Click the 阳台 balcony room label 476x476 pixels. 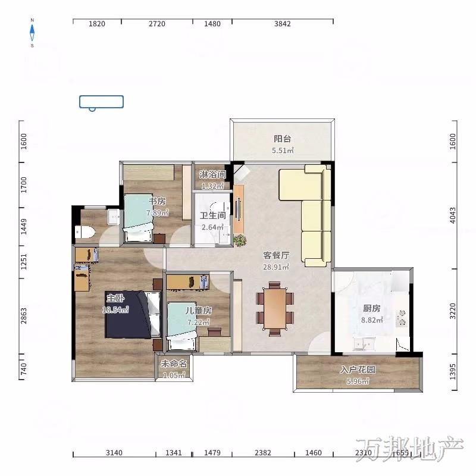click(282, 139)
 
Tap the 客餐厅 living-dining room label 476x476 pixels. click(276, 255)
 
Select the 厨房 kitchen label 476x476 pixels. click(371, 308)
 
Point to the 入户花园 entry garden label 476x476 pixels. click(358, 369)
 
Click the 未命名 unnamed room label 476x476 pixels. click(174, 364)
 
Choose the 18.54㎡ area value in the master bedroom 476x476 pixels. click(115, 309)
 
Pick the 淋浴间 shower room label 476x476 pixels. click(212, 174)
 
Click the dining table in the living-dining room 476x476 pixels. click(275, 308)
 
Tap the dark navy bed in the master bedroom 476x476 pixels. click(129, 315)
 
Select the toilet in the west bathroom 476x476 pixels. click(84, 232)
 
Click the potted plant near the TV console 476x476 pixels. click(240, 240)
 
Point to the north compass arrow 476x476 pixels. click(32, 33)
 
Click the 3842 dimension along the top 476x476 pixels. click(282, 24)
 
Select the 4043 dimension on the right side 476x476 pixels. click(453, 215)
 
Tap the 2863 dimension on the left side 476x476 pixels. click(24, 315)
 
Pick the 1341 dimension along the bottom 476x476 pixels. click(173, 453)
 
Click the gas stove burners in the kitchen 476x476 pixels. click(402, 318)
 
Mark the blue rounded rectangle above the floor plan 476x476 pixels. click(101, 102)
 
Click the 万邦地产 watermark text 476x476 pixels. click(409, 450)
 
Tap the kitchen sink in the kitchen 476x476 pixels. click(364, 344)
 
